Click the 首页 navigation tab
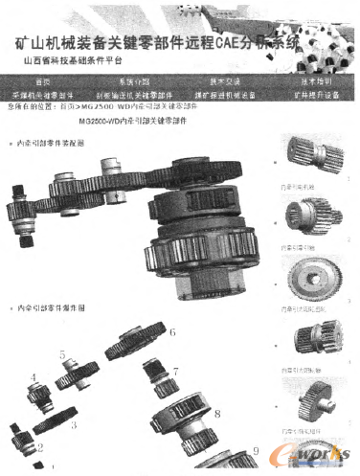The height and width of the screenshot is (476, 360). click(40, 82)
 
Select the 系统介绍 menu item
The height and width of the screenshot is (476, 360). click(134, 82)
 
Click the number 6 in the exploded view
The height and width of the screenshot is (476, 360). click(172, 334)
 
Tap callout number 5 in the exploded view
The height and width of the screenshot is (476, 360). click(62, 355)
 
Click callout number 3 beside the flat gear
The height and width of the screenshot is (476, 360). click(73, 422)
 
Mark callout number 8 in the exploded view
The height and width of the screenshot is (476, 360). click(217, 414)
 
